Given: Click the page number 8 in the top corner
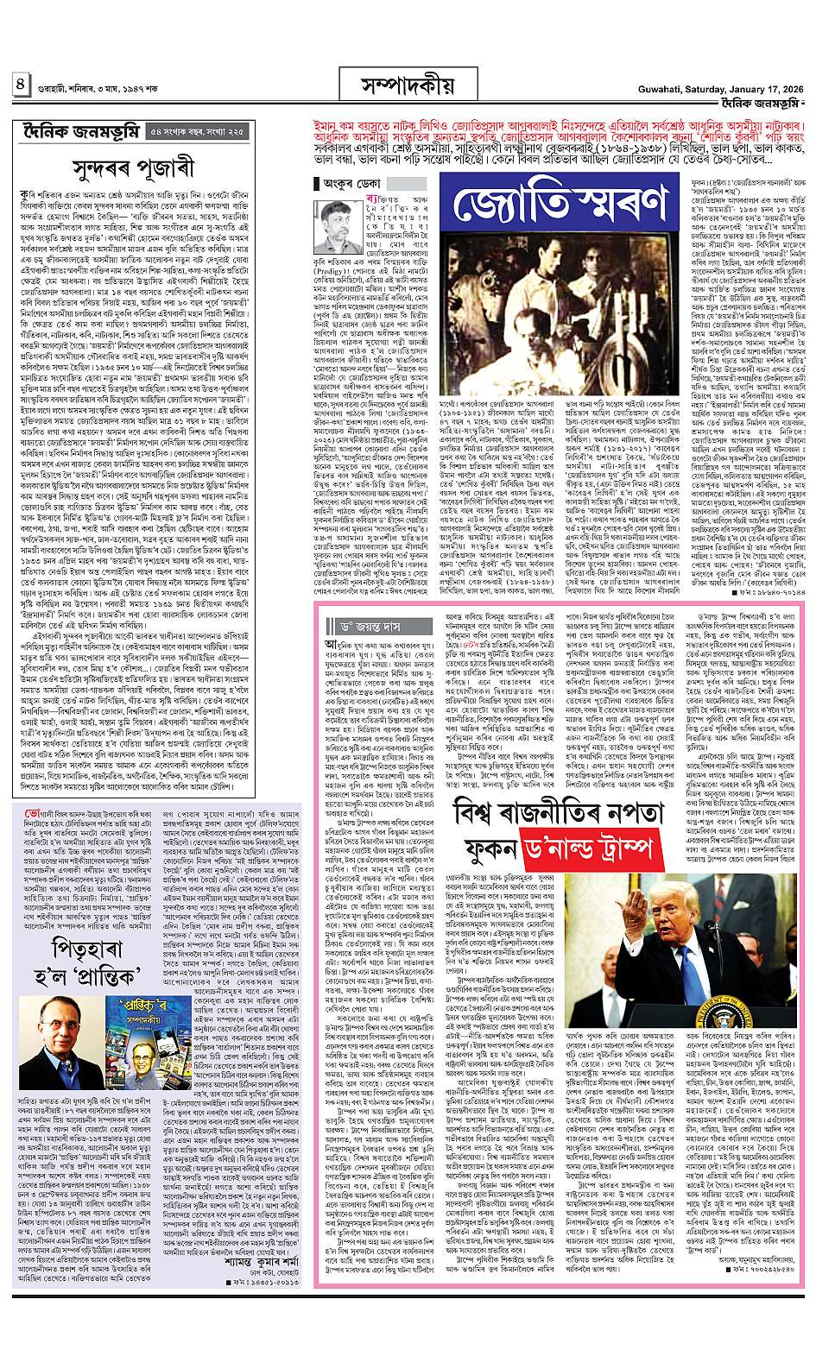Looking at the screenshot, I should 19,85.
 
